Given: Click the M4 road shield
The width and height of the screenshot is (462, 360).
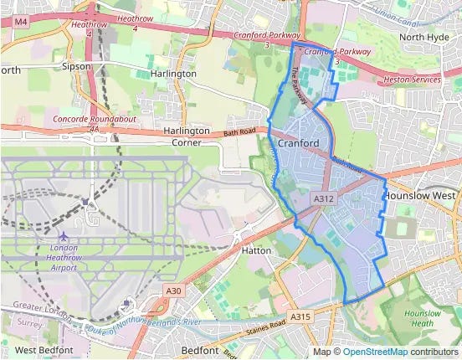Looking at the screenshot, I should click(21, 20).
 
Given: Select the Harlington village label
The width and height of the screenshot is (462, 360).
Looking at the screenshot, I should click(173, 74).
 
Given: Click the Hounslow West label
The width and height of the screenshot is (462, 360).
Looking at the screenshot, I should click(423, 195).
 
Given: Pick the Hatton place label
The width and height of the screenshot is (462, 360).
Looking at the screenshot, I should click(252, 249).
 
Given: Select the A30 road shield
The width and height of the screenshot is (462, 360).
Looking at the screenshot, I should click(172, 291).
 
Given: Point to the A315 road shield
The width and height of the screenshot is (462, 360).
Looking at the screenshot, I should click(300, 316).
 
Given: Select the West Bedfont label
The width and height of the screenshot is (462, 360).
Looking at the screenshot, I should click(44, 349).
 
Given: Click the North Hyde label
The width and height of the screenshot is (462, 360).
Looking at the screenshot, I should click(423, 37).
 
